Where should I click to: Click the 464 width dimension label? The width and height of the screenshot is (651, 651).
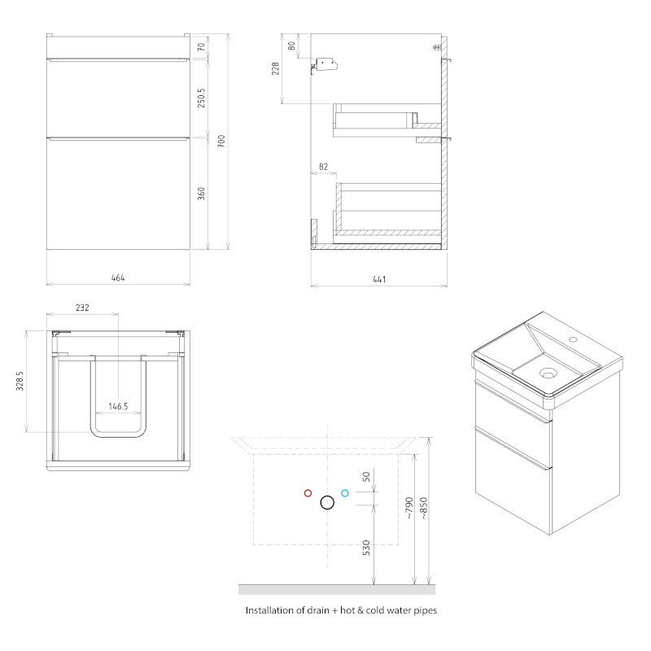[x=118, y=277]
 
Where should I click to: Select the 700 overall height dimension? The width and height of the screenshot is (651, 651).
[x=221, y=141]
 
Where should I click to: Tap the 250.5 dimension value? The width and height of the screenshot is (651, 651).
[x=201, y=98]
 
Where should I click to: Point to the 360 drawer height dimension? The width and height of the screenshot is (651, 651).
[x=201, y=194]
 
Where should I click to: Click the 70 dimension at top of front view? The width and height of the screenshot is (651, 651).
[x=201, y=47]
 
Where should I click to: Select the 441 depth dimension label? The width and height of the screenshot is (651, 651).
[x=379, y=279]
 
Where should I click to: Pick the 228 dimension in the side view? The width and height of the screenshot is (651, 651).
[x=275, y=68]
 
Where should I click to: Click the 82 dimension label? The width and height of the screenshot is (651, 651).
[x=323, y=167]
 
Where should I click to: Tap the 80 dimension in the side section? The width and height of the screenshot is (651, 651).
[x=292, y=46]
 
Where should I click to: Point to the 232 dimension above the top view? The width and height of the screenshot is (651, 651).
[x=82, y=308]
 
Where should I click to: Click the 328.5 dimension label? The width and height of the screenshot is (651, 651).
[x=20, y=381]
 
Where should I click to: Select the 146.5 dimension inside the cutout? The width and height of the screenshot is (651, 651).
[x=118, y=406]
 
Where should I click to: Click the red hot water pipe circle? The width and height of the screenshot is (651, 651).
[x=308, y=493]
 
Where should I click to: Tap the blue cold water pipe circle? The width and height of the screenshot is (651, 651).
[x=344, y=493]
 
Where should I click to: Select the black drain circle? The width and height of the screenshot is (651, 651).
[x=327, y=496]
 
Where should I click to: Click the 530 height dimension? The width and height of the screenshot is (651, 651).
[x=366, y=548]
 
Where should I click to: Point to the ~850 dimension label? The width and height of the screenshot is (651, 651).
[x=423, y=508]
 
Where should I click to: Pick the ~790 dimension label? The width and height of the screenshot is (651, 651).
[x=409, y=508]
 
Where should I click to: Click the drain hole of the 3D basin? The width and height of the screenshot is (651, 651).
[x=548, y=374]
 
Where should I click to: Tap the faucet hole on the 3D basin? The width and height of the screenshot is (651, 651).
[x=573, y=339]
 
